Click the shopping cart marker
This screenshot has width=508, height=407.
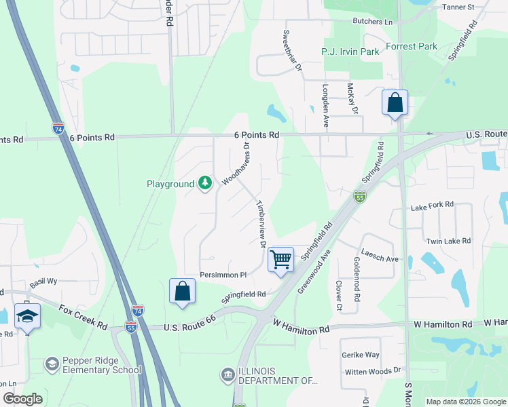click(280, 258)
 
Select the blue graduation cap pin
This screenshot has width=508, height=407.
click(27, 316)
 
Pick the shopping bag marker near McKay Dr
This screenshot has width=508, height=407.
click(395, 103)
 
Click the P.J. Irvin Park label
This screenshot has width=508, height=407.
click(350, 52)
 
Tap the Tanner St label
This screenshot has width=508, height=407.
click(458, 7)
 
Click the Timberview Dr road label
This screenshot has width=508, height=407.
click(259, 224)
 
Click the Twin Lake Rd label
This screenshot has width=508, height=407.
click(448, 241)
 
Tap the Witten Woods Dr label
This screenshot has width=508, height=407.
click(373, 371)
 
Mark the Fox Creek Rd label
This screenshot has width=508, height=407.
click(83, 317)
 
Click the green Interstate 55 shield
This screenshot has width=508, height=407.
click(360, 197)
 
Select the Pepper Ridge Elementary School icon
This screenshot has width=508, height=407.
click(52, 365)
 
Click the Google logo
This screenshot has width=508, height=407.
click(22, 399)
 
